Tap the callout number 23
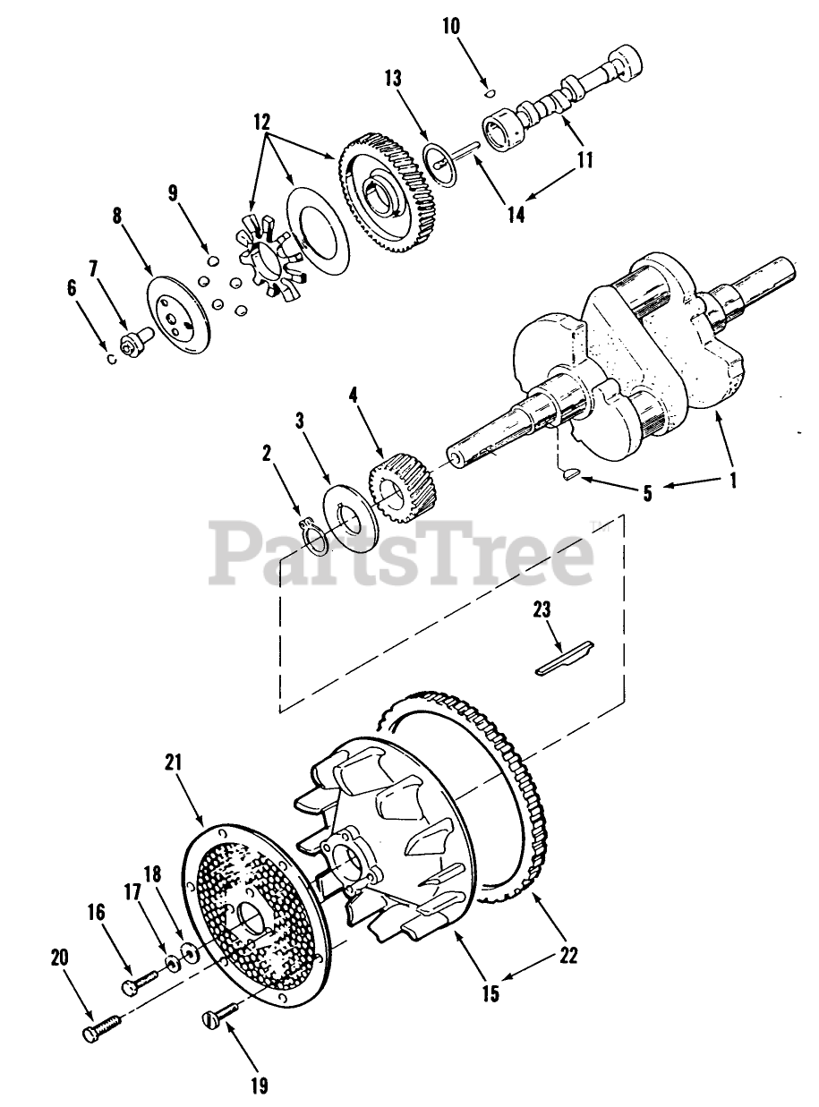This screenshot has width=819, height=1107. pyautogui.click(x=543, y=611)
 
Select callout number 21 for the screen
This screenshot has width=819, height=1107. pyautogui.click(x=174, y=762)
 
